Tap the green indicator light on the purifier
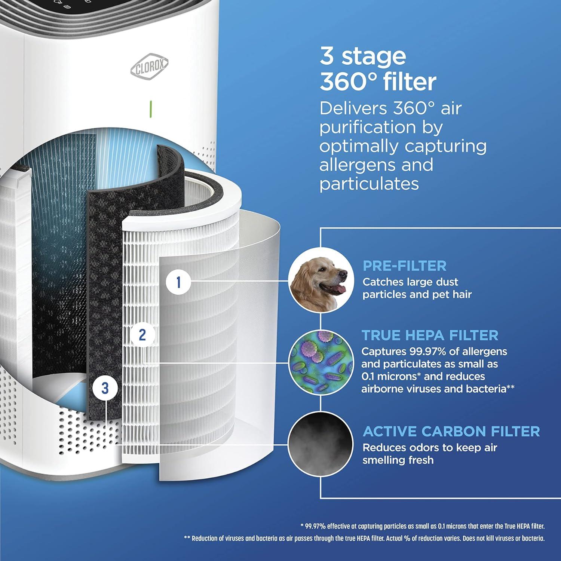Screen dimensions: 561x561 pos(151,109)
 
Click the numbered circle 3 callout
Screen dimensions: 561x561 pos(105,388)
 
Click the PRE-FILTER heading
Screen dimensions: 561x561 pos(404,266)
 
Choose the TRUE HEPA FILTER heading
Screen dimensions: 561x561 pos(430,335)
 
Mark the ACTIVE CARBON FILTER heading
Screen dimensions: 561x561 pos(451,432)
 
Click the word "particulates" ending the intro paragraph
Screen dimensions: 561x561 pos(369,184)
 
